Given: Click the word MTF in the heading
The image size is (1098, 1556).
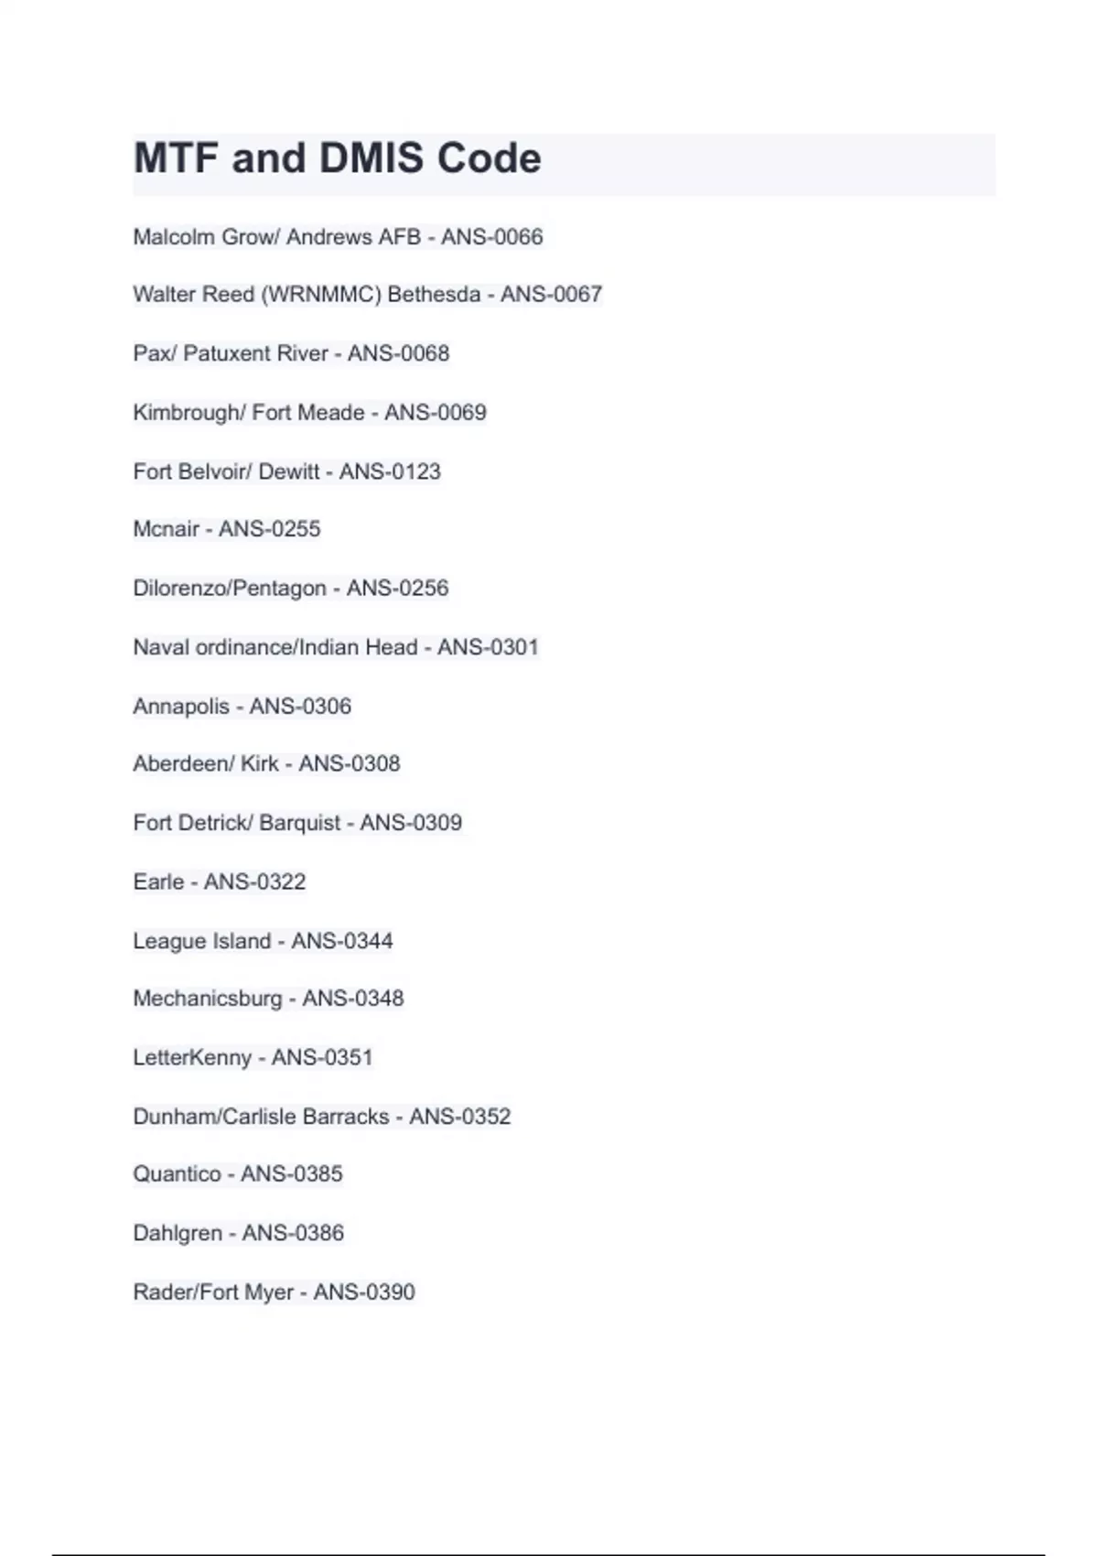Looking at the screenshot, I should [176, 158].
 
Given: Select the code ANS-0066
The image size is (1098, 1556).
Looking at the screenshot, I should [491, 237].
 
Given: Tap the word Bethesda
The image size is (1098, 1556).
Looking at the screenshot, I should [434, 295].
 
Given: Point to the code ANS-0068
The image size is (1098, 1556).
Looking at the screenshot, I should [398, 353].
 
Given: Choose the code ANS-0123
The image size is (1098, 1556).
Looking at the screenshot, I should [390, 471].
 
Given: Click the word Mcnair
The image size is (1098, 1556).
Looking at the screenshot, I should [166, 529].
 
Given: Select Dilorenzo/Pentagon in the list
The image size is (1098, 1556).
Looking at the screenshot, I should [230, 589].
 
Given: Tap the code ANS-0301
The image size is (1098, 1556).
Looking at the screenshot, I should [488, 647].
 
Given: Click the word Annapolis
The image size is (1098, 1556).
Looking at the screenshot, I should [181, 707].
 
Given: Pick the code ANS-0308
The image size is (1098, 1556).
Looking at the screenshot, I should [350, 763].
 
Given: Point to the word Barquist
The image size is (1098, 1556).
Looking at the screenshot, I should [299, 823].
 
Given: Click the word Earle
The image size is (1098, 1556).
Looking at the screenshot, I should [158, 881].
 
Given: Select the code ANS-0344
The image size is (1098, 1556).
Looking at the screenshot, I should [341, 941].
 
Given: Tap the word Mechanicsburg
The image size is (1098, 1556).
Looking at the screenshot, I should [208, 999].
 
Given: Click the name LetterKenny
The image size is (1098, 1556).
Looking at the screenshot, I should [192, 1058].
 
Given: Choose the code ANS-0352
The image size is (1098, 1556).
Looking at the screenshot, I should [459, 1117].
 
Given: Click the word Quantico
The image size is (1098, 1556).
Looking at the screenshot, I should [178, 1174].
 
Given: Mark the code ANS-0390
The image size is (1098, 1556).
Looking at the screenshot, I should [364, 1292].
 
